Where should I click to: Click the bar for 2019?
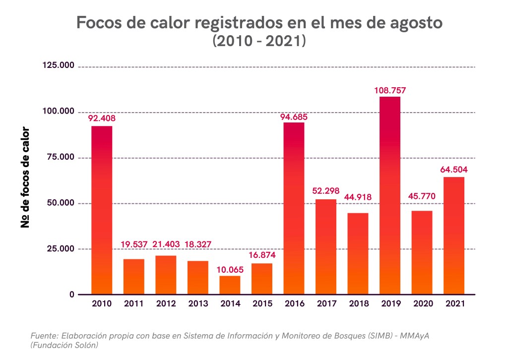pos(390,195)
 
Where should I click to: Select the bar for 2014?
pos(230,285)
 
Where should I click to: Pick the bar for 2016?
pos(294,208)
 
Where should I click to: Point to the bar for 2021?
pos(454,236)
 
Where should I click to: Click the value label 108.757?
pos(390,91)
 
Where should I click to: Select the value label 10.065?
pos(230,270)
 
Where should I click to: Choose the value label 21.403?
pos(166,244)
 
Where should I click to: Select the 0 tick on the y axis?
pos(72,295)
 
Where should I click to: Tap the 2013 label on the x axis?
pos(198,303)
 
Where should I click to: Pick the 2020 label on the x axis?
pos(422,303)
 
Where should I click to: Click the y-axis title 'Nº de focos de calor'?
pos(25,178)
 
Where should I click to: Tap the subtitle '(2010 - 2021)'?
pos(258,42)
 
